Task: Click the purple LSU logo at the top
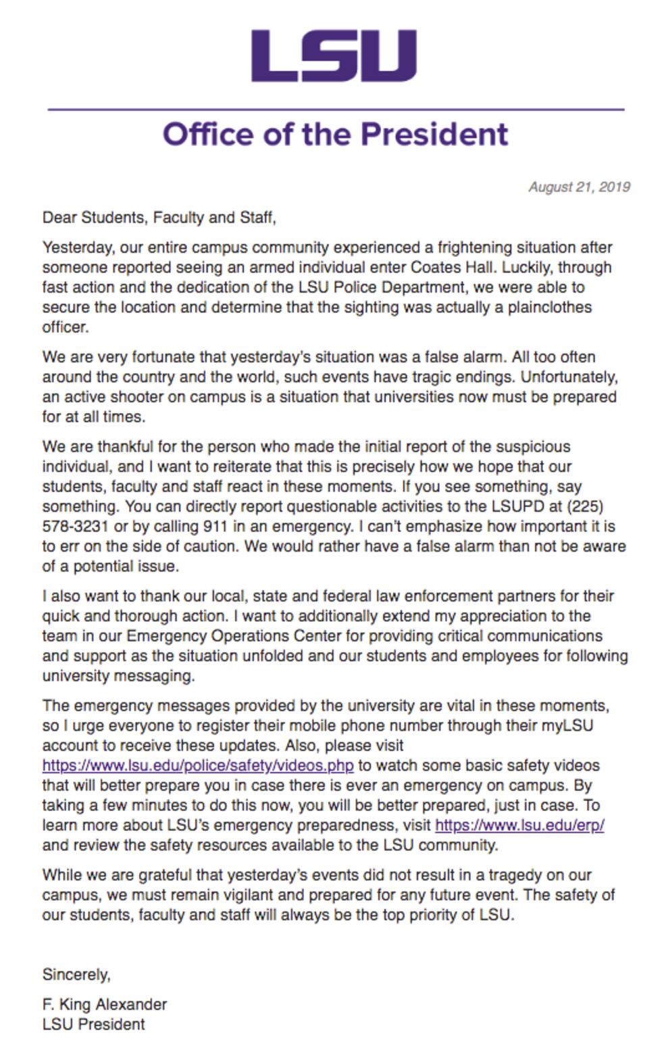334,55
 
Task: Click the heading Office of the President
335,134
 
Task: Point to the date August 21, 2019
579,187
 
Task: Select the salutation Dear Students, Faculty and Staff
159,218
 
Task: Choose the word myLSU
567,726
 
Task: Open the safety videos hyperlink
197,766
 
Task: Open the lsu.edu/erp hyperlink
519,825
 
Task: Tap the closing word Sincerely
76,975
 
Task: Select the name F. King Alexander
104,1004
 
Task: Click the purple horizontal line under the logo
335,109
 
